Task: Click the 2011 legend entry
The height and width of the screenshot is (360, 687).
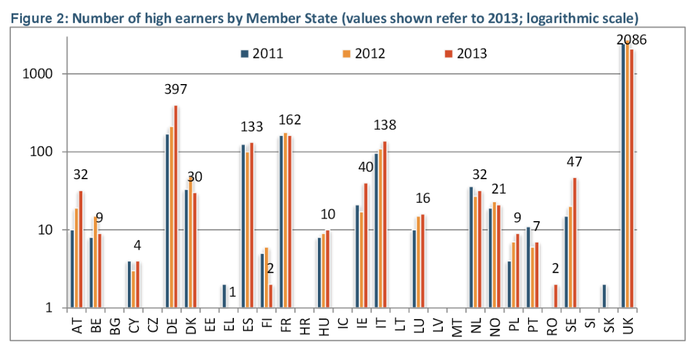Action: (262, 54)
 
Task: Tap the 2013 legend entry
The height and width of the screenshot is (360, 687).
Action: (465, 54)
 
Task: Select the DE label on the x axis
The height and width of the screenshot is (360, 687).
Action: (172, 327)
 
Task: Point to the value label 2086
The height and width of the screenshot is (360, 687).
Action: (631, 41)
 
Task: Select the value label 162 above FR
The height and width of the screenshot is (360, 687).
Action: (289, 120)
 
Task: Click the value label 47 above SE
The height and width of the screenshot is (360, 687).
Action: (574, 162)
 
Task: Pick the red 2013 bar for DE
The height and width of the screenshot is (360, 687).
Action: (176, 206)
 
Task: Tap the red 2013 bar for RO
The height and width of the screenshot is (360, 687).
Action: (555, 296)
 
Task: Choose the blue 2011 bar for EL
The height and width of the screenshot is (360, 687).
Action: (224, 296)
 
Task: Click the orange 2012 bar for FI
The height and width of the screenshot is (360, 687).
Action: (266, 277)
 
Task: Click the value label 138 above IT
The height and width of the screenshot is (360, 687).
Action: (384, 125)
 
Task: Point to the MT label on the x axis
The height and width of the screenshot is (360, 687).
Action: (457, 327)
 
